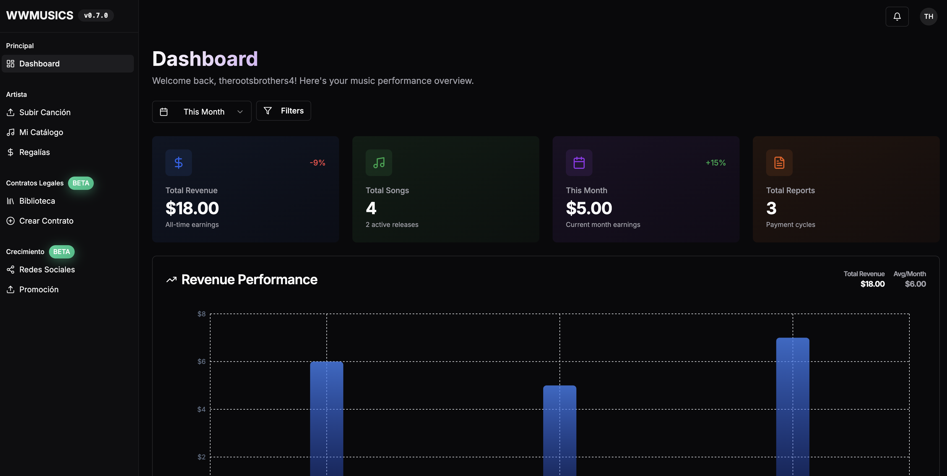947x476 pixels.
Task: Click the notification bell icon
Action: pyautogui.click(x=897, y=17)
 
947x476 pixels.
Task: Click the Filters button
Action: pyautogui.click(x=283, y=111)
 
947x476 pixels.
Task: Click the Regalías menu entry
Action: pyautogui.click(x=34, y=152)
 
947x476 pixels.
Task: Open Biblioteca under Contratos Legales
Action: pyautogui.click(x=37, y=201)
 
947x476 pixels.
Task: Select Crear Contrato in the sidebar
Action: pyautogui.click(x=46, y=221)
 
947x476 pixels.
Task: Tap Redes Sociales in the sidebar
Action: pyautogui.click(x=47, y=270)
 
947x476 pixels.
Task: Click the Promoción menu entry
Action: pyautogui.click(x=39, y=289)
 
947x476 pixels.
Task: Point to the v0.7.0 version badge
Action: pyautogui.click(x=96, y=15)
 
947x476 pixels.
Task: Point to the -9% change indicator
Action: pyautogui.click(x=317, y=163)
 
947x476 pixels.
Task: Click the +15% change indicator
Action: pyautogui.click(x=716, y=163)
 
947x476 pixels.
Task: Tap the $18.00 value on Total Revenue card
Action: pyautogui.click(x=192, y=208)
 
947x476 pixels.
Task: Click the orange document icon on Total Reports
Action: pyautogui.click(x=779, y=163)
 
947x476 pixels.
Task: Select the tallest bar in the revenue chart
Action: pyautogui.click(x=793, y=405)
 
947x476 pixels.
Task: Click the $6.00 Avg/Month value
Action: pyautogui.click(x=915, y=284)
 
